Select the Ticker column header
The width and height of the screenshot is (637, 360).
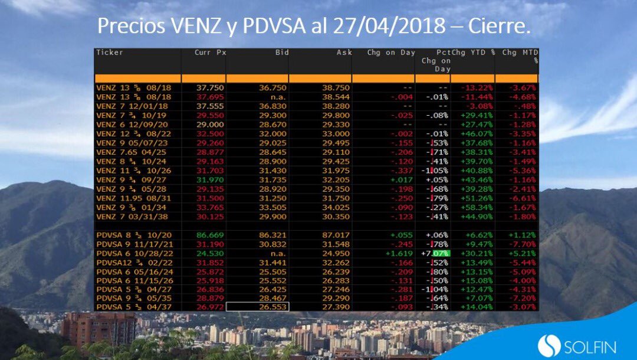pyautogui.click(x=110, y=53)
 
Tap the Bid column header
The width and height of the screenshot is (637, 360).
pyautogui.click(x=282, y=53)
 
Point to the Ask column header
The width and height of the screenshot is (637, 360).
pyautogui.click(x=343, y=53)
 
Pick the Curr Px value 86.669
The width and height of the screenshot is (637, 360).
pyautogui.click(x=211, y=235)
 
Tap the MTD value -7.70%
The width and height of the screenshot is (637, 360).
pyautogui.click(x=523, y=244)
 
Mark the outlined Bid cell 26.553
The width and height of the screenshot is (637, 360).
pyautogui.click(x=257, y=307)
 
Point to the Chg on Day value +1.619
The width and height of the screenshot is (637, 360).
pyautogui.click(x=401, y=253)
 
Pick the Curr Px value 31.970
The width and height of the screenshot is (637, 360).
pyautogui.click(x=211, y=179)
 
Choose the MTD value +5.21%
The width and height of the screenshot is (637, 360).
pyautogui.click(x=523, y=253)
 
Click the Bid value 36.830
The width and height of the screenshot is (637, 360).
pyautogui.click(x=273, y=106)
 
